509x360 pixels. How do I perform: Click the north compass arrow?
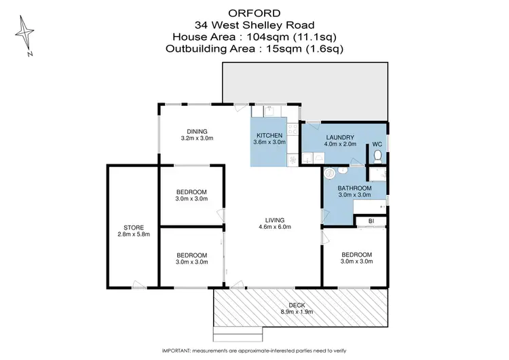(x=25, y=31)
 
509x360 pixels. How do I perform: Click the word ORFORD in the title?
(x=254, y=12)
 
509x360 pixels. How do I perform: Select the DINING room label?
(x=197, y=131)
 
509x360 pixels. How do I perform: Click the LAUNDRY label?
(x=339, y=137)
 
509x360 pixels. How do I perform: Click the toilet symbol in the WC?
(x=379, y=156)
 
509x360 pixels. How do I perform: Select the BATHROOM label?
(x=355, y=187)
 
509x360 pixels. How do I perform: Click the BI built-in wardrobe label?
(x=371, y=221)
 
